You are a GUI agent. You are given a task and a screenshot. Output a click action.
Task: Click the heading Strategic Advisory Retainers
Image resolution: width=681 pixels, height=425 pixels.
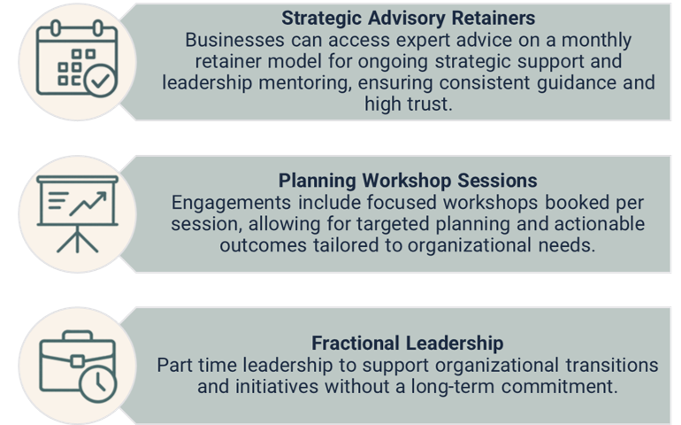click(x=408, y=18)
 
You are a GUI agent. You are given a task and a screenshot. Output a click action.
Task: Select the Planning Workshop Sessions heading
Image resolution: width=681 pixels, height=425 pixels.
click(x=408, y=181)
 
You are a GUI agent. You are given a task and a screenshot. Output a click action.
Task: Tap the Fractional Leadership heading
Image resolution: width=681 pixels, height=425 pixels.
click(x=408, y=343)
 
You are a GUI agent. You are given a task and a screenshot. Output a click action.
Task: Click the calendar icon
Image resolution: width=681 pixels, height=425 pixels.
click(x=77, y=58)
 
